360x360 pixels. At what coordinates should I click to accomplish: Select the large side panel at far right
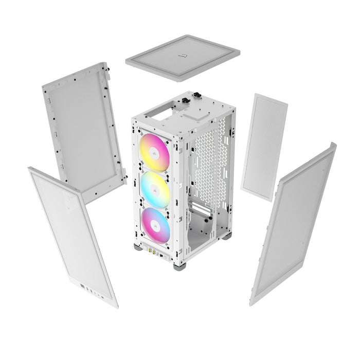(293, 224)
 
